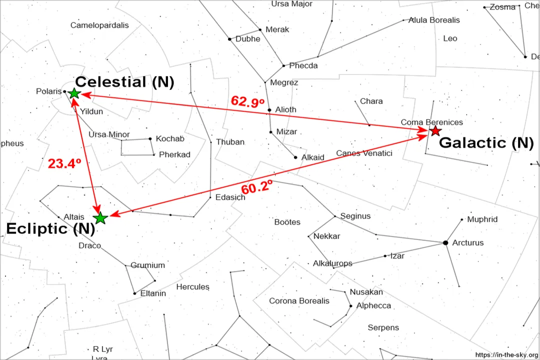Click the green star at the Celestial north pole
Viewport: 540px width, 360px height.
click(74, 93)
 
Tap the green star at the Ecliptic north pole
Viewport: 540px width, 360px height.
click(100, 218)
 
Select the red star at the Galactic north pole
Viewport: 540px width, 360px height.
click(435, 131)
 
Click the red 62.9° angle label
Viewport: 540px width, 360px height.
click(247, 101)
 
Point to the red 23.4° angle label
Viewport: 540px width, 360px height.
click(64, 163)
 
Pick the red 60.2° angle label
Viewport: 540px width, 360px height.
click(257, 188)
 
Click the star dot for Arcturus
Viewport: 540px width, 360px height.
click(445, 243)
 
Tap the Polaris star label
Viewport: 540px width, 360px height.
click(48, 91)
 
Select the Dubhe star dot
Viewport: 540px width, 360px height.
click(229, 39)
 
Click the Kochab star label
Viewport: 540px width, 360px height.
click(170, 139)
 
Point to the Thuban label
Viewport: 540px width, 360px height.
click(230, 142)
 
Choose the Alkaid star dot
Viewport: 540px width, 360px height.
click(295, 157)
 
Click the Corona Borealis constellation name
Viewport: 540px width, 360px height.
click(299, 301)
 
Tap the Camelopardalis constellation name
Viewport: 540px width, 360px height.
click(99, 25)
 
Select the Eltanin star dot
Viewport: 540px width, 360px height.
click(134, 293)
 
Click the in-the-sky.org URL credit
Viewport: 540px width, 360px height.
click(506, 354)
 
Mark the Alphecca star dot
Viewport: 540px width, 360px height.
click(351, 306)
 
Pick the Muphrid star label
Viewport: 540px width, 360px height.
click(482, 219)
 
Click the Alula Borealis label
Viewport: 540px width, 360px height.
click(434, 20)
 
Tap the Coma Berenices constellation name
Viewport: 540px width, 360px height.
click(432, 122)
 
